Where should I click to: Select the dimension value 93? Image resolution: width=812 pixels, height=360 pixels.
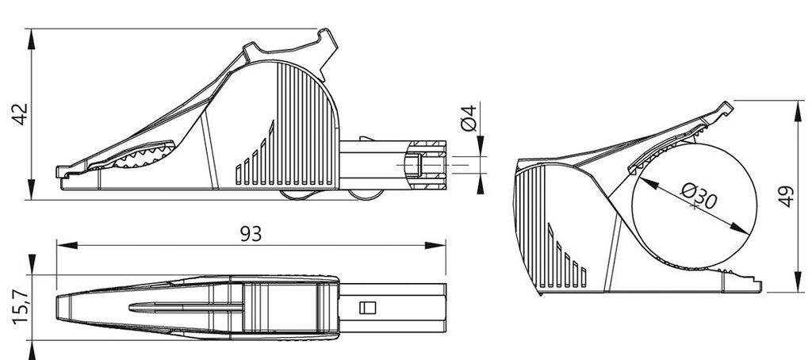pyautogui.click(x=251, y=233)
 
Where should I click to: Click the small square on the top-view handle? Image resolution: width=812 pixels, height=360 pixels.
pyautogui.click(x=366, y=307)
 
